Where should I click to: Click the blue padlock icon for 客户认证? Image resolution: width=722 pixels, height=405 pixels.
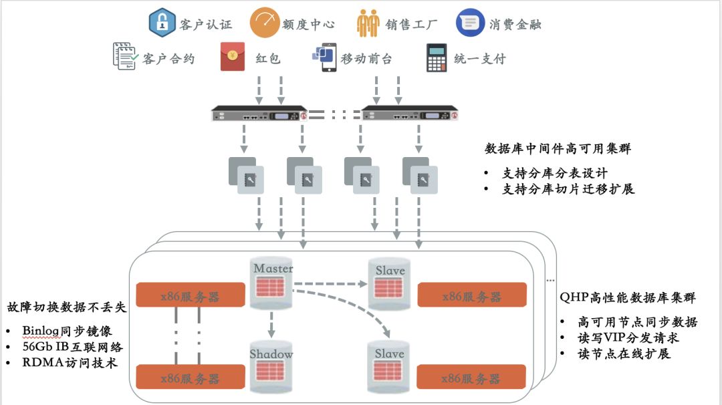[162, 22]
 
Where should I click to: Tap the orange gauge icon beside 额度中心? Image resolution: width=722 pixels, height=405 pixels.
[264, 23]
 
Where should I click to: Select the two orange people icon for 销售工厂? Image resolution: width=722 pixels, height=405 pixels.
[368, 23]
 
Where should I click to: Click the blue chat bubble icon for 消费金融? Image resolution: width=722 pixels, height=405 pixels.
[470, 23]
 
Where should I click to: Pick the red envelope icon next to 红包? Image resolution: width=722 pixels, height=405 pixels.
[233, 57]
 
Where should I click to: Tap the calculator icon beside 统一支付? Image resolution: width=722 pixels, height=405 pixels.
[436, 57]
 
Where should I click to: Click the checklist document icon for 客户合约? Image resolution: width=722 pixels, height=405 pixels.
[125, 56]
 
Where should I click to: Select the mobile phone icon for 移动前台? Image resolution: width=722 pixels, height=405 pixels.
[325, 57]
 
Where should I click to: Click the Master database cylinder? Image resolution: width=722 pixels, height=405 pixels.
[271, 283]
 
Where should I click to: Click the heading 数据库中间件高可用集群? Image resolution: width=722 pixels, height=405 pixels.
[558, 148]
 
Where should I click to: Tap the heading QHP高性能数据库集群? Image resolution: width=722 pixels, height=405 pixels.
[627, 297]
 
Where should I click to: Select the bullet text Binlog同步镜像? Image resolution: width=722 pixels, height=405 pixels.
[68, 331]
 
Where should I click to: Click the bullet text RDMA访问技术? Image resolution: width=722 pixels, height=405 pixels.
[70, 363]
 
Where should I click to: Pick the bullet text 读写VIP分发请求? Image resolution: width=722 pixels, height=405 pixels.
[628, 337]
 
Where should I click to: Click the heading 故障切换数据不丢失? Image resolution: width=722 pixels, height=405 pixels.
[66, 307]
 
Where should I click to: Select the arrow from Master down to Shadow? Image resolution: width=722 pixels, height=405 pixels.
[271, 324]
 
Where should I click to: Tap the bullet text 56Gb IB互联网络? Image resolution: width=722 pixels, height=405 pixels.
[72, 347]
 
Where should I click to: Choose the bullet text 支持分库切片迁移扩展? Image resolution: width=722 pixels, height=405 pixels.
[568, 188]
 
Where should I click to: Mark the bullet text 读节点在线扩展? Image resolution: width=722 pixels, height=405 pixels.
[624, 354]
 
